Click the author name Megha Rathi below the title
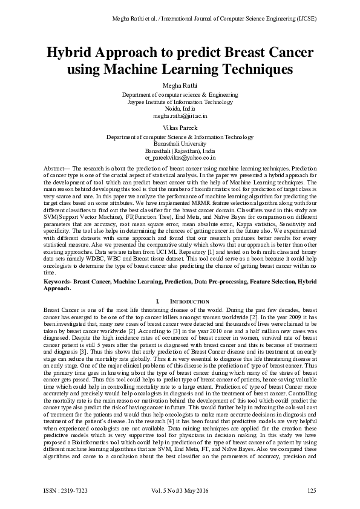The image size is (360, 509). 180,84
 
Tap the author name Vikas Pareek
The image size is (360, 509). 180,128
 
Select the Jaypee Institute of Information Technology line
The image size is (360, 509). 180,102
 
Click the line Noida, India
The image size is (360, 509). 180,108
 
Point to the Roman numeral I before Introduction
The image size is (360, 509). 157,300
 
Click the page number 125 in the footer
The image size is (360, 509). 312,490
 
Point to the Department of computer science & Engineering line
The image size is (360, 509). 180,95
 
